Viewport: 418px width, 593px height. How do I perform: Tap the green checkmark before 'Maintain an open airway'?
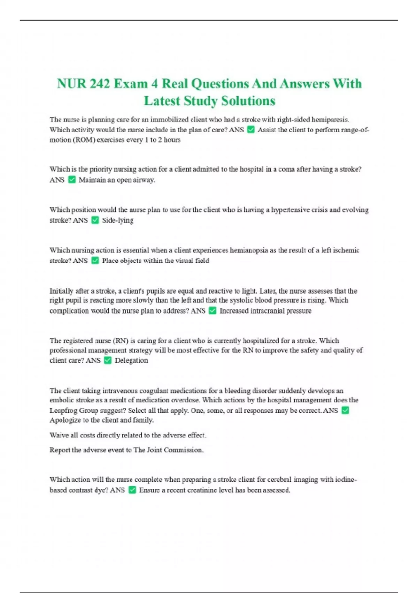click(72, 180)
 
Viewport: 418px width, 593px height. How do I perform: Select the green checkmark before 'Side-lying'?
click(95, 220)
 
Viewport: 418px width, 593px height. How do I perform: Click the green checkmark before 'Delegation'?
click(108, 360)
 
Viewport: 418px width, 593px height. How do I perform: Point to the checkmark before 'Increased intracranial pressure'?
click(212, 310)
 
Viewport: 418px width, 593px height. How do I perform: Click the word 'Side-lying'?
click(117, 220)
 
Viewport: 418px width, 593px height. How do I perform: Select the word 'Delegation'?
click(131, 360)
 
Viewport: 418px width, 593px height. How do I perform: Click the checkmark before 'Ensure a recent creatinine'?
click(132, 490)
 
